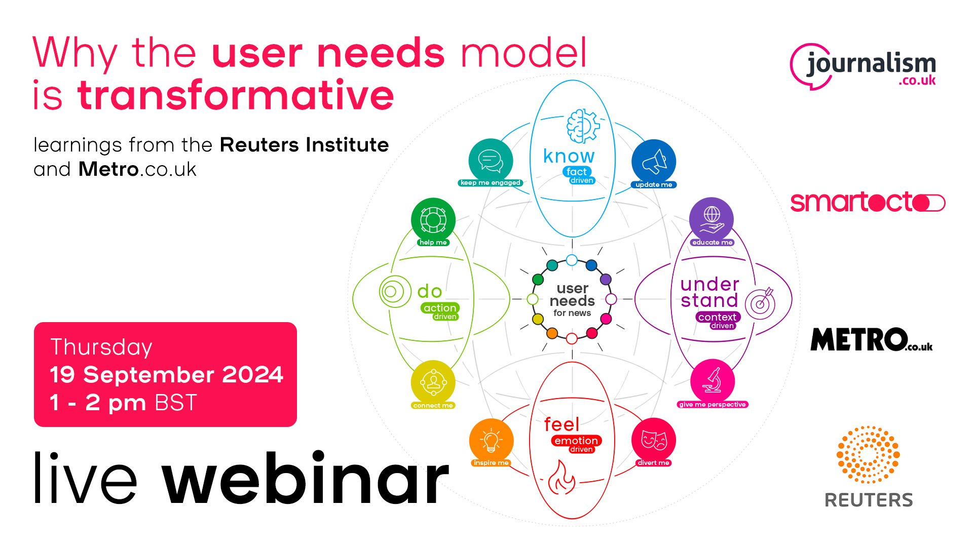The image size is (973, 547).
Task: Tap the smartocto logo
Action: (868, 202)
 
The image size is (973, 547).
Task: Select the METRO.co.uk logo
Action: (871, 339)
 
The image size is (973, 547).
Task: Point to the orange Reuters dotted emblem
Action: (868, 454)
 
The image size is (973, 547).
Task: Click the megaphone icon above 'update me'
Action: (654, 161)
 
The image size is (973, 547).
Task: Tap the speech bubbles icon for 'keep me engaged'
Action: (491, 160)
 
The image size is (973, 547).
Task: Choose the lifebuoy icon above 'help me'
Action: (433, 220)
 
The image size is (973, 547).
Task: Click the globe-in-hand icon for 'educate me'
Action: (712, 219)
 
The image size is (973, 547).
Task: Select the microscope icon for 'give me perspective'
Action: (712, 381)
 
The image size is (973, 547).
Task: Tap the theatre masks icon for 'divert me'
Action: (654, 440)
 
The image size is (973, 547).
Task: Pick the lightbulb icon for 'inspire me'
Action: (491, 441)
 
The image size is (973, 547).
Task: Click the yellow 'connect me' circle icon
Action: (433, 382)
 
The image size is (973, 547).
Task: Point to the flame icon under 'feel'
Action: (562, 477)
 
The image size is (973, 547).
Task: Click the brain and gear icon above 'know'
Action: (583, 126)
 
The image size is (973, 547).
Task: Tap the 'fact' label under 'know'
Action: (577, 172)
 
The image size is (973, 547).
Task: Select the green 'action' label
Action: (440, 308)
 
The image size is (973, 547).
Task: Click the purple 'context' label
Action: (718, 317)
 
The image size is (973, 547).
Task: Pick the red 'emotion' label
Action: (576, 441)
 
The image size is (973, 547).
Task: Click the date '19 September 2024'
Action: (166, 375)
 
